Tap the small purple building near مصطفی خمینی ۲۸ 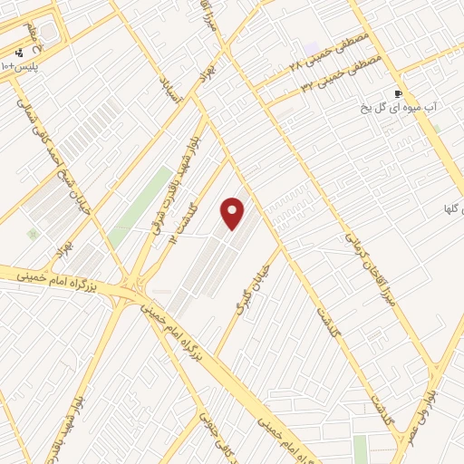click(x=312, y=47)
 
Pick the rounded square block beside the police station click(x=47, y=34)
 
